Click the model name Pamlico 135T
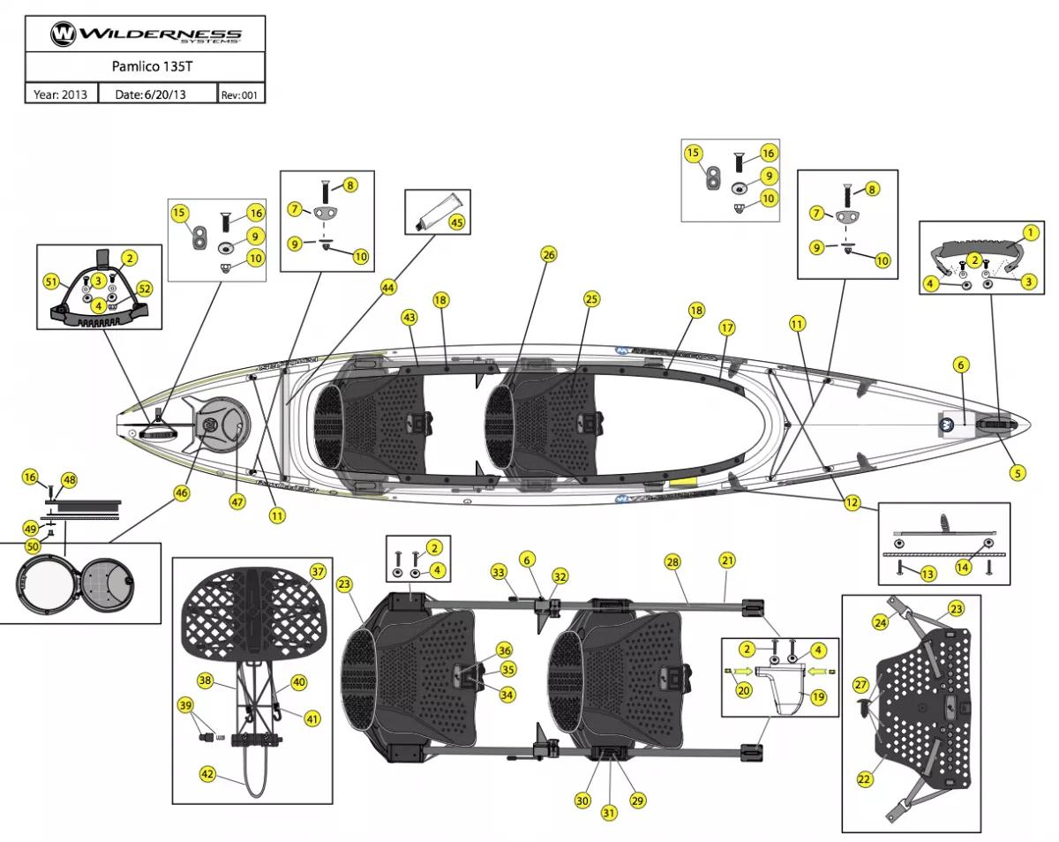click(145, 66)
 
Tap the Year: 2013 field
click(61, 94)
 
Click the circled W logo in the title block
click(64, 34)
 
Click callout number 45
click(456, 222)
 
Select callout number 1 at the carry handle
click(1029, 233)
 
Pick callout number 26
click(549, 255)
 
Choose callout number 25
click(591, 299)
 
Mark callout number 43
click(409, 316)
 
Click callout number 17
click(727, 327)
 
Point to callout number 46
click(182, 493)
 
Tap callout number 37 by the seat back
click(318, 571)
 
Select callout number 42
click(207, 773)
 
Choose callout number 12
click(852, 503)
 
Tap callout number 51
click(52, 281)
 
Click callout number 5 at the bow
click(1018, 472)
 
